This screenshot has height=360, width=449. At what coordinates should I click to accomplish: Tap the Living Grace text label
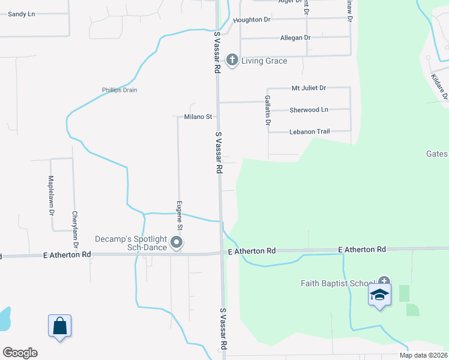coord(264,61)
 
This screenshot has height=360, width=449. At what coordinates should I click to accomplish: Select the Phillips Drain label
coord(119,91)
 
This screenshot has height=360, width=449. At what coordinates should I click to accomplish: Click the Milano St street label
coord(198,116)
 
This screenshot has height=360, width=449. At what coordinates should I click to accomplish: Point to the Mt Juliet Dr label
coord(309,88)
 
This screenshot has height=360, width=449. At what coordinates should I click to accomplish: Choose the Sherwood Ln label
coord(309,110)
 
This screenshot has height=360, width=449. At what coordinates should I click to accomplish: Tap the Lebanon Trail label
coord(310,131)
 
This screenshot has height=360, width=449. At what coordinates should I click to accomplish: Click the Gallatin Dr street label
coord(268,110)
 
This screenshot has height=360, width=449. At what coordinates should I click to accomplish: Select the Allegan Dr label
coord(295,38)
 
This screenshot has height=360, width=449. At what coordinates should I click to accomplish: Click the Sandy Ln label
coord(21,13)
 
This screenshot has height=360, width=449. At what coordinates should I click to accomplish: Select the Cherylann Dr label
coord(75,229)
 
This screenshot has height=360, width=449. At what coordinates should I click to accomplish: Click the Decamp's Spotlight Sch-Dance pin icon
coord(176,242)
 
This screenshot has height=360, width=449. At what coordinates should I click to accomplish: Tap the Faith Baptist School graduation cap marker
coord(379,295)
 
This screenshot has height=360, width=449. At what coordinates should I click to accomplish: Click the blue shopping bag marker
coord(59,326)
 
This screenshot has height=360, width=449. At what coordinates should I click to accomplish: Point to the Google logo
coord(20,353)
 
